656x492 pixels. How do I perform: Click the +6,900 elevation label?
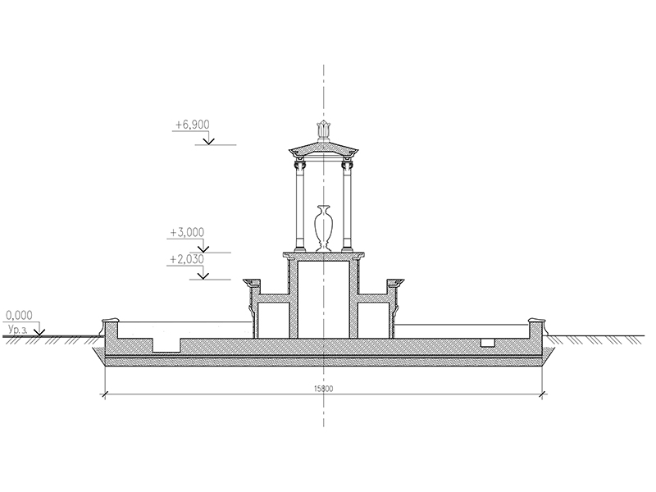(192, 125)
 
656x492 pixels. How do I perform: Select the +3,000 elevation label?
(187, 232)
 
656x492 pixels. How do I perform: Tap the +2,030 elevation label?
(187, 259)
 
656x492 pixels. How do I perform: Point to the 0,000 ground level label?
(19, 315)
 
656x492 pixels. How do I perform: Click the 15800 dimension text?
(323, 389)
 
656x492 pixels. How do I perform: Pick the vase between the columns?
(324, 229)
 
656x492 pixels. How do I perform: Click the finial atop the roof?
(324, 130)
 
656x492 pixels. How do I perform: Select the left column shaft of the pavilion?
(300, 208)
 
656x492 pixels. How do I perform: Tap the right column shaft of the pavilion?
(347, 208)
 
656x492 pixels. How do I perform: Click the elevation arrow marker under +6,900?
(209, 140)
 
